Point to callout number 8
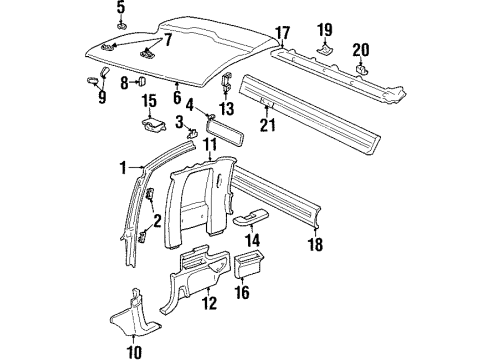(124, 81)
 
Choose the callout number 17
(283, 32)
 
